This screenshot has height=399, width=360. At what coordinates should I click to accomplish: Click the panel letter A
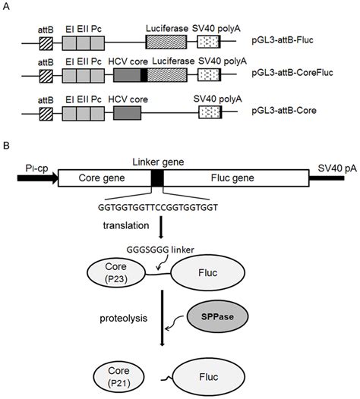pos(6,6)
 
